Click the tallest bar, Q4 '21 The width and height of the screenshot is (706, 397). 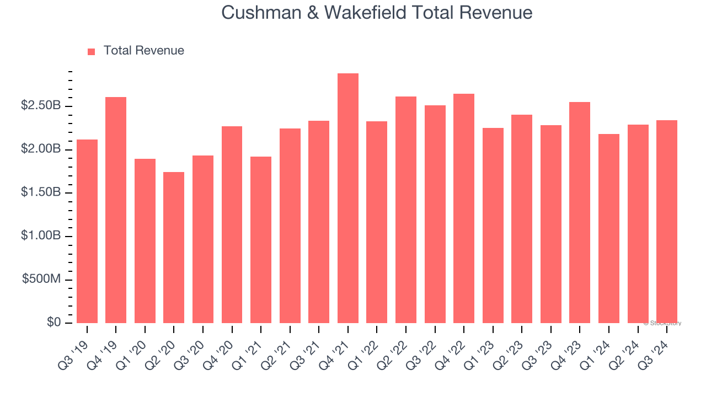coord(348,198)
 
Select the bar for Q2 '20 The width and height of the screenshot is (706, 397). coord(174,248)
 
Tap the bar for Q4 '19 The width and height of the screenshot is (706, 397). coord(116,210)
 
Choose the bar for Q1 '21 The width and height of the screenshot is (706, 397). coord(261,240)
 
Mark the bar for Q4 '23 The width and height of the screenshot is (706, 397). coord(580,212)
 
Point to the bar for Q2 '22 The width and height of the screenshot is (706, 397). coord(406,210)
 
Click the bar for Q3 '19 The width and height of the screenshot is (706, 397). coord(87,231)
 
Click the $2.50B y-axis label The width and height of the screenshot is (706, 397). coord(40,106)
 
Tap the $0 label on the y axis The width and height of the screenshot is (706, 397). coord(54,323)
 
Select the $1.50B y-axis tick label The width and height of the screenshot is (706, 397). coord(40,192)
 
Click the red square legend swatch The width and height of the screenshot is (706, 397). coord(92,51)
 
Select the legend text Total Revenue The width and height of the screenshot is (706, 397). coord(143,51)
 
